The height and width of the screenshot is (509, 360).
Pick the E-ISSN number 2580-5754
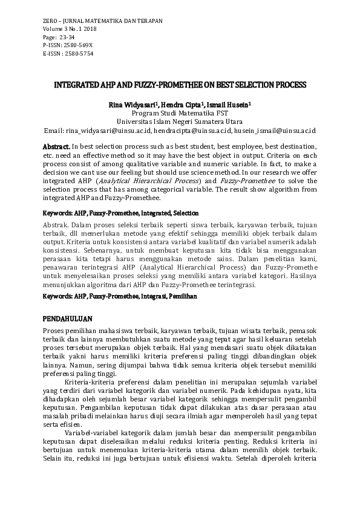[x=77, y=53]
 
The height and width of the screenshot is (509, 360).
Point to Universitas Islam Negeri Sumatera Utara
[x=180, y=121]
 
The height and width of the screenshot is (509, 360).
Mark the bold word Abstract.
[x=56, y=147]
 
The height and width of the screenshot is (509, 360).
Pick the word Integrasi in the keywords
[x=153, y=296]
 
